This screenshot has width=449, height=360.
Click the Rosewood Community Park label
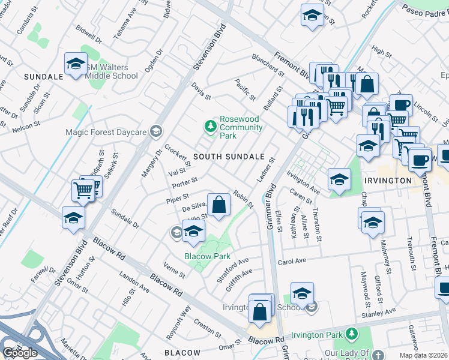tap(241, 127)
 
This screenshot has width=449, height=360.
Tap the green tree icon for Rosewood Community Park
tap(210, 126)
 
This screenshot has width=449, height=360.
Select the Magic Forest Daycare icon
tap(156, 131)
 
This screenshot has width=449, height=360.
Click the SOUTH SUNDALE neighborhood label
tap(229, 157)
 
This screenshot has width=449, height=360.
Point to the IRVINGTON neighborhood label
tap(386, 180)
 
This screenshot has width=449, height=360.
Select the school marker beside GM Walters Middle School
tap(76, 64)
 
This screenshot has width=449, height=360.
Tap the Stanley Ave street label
tap(378, 312)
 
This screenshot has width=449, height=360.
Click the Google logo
tap(20, 353)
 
